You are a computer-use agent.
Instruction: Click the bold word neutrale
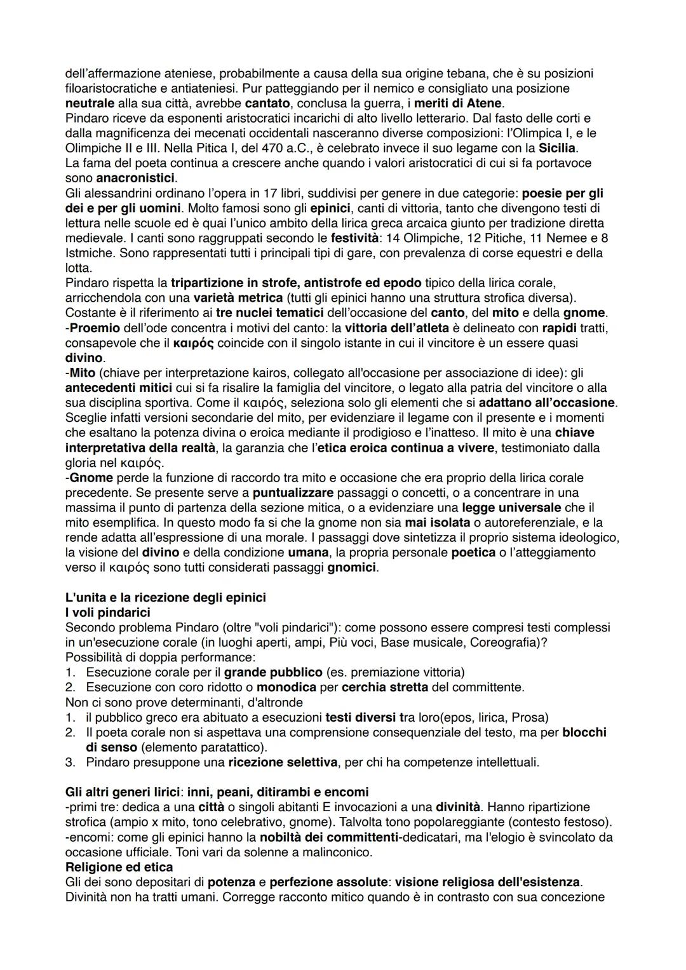tap(90, 103)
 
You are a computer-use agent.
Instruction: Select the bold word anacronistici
tap(135, 178)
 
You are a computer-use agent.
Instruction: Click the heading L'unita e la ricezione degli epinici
tap(165, 598)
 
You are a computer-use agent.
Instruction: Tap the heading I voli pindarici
tap(108, 612)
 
